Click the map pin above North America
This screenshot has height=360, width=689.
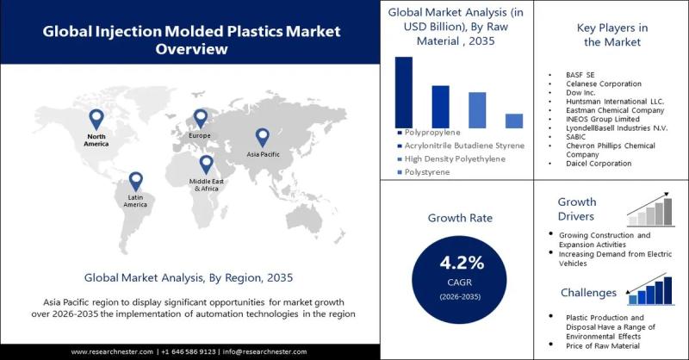pyautogui.click(x=96, y=120)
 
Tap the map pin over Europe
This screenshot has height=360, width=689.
pyautogui.click(x=201, y=119)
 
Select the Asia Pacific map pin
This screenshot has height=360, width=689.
pyautogui.click(x=262, y=137)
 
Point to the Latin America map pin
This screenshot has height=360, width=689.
pyautogui.click(x=135, y=181)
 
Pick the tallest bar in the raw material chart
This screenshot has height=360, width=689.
pyautogui.click(x=403, y=92)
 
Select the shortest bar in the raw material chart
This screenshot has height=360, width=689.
pyautogui.click(x=513, y=121)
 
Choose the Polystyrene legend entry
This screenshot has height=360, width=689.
pyautogui.click(x=428, y=173)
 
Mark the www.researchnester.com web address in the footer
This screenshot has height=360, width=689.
pyautogui.click(x=111, y=351)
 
